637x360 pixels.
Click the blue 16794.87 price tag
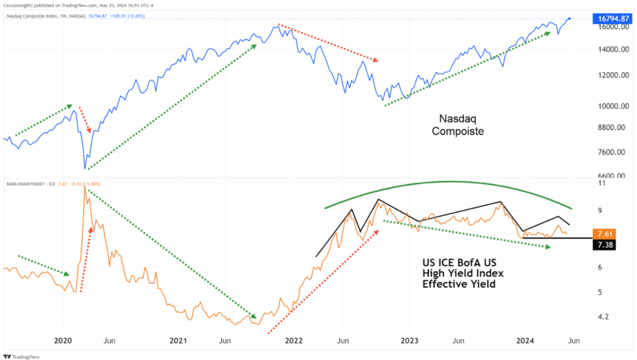click(x=612, y=19)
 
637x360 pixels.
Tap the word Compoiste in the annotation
click(x=457, y=131)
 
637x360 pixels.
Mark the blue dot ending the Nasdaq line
click(x=570, y=19)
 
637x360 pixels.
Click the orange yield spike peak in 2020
click(x=85, y=186)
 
